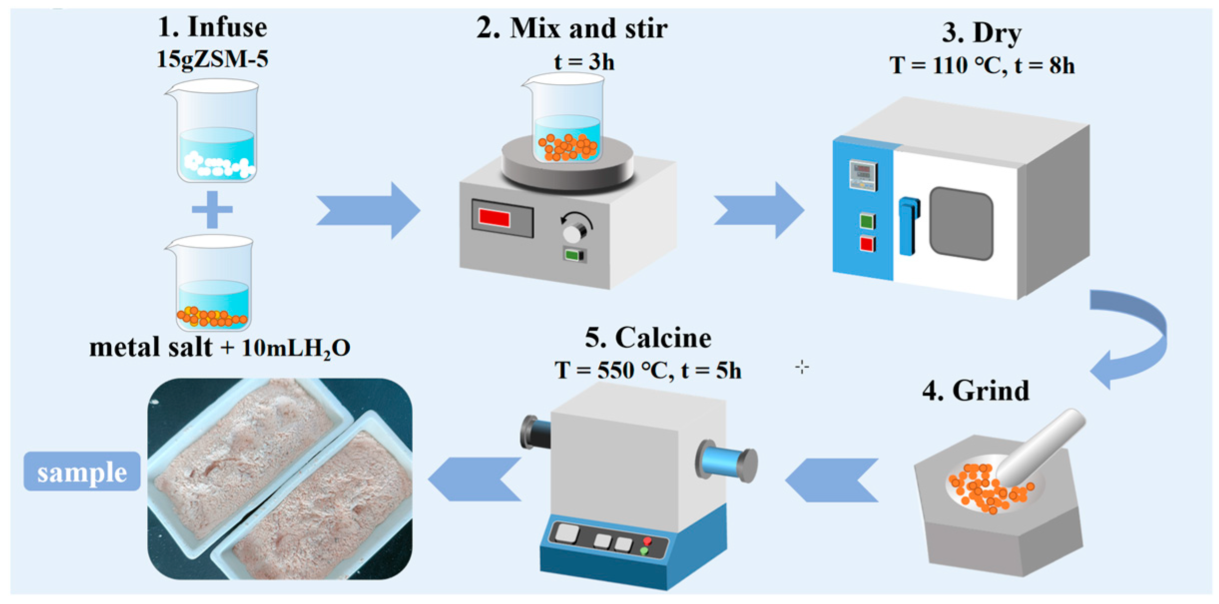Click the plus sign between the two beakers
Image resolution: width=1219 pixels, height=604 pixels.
tap(212, 209)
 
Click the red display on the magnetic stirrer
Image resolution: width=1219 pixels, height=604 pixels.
tap(494, 218)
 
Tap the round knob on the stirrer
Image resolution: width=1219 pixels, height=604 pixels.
tap(573, 232)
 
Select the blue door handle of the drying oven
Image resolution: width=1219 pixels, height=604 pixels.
tap(908, 225)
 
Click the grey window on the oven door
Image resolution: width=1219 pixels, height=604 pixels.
tap(961, 223)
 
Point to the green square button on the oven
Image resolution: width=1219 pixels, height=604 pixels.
tap(867, 221)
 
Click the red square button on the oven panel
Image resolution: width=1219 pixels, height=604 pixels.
tap(867, 244)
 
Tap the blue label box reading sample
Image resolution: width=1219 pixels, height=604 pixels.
tap(82, 471)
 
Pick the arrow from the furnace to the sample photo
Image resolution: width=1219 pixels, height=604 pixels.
tap(474, 479)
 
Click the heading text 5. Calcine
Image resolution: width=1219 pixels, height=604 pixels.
tap(648, 338)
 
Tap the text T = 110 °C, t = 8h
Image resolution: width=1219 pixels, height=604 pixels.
tap(981, 65)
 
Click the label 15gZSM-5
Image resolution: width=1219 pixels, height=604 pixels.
tap(213, 59)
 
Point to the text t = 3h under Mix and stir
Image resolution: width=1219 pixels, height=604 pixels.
tap(584, 62)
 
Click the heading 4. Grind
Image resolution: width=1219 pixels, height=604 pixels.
tap(975, 391)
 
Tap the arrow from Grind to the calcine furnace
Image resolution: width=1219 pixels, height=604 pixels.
tap(832, 480)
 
